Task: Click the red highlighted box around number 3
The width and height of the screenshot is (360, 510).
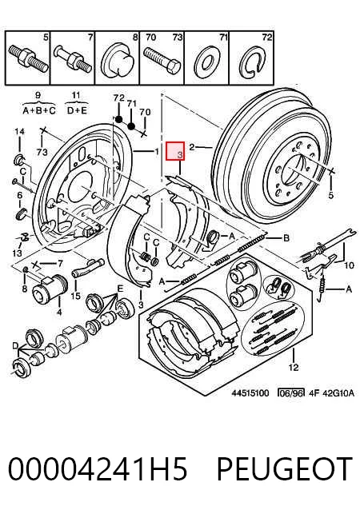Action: pos(175,151)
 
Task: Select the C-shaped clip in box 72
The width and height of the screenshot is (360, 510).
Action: pos(251,62)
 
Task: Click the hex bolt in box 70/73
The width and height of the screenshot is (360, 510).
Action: pos(162,60)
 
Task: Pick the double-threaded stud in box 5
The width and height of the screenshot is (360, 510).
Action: pos(28,58)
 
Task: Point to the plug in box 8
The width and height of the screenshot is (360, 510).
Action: pos(118,62)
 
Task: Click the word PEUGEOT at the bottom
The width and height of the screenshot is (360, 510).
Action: pos(285,468)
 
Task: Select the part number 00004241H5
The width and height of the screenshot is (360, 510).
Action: pos(98,468)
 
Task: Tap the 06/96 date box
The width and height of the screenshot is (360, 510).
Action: pos(291,393)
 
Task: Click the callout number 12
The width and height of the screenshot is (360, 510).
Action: pos(294,367)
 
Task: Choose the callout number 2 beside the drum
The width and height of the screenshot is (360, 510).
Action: pos(192,147)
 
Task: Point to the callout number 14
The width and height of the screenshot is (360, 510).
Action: pos(19,132)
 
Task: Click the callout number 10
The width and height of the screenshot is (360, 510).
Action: pos(349,265)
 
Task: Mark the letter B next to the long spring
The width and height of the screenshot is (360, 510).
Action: pos(286,238)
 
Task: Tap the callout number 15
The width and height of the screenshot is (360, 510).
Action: pos(75,296)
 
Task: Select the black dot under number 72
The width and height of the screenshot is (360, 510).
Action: pos(119,119)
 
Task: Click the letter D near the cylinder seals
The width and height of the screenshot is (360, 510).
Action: pos(16,346)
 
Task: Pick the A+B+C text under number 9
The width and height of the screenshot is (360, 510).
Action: pos(39,110)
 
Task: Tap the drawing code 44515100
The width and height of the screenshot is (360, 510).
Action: pos(250,393)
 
